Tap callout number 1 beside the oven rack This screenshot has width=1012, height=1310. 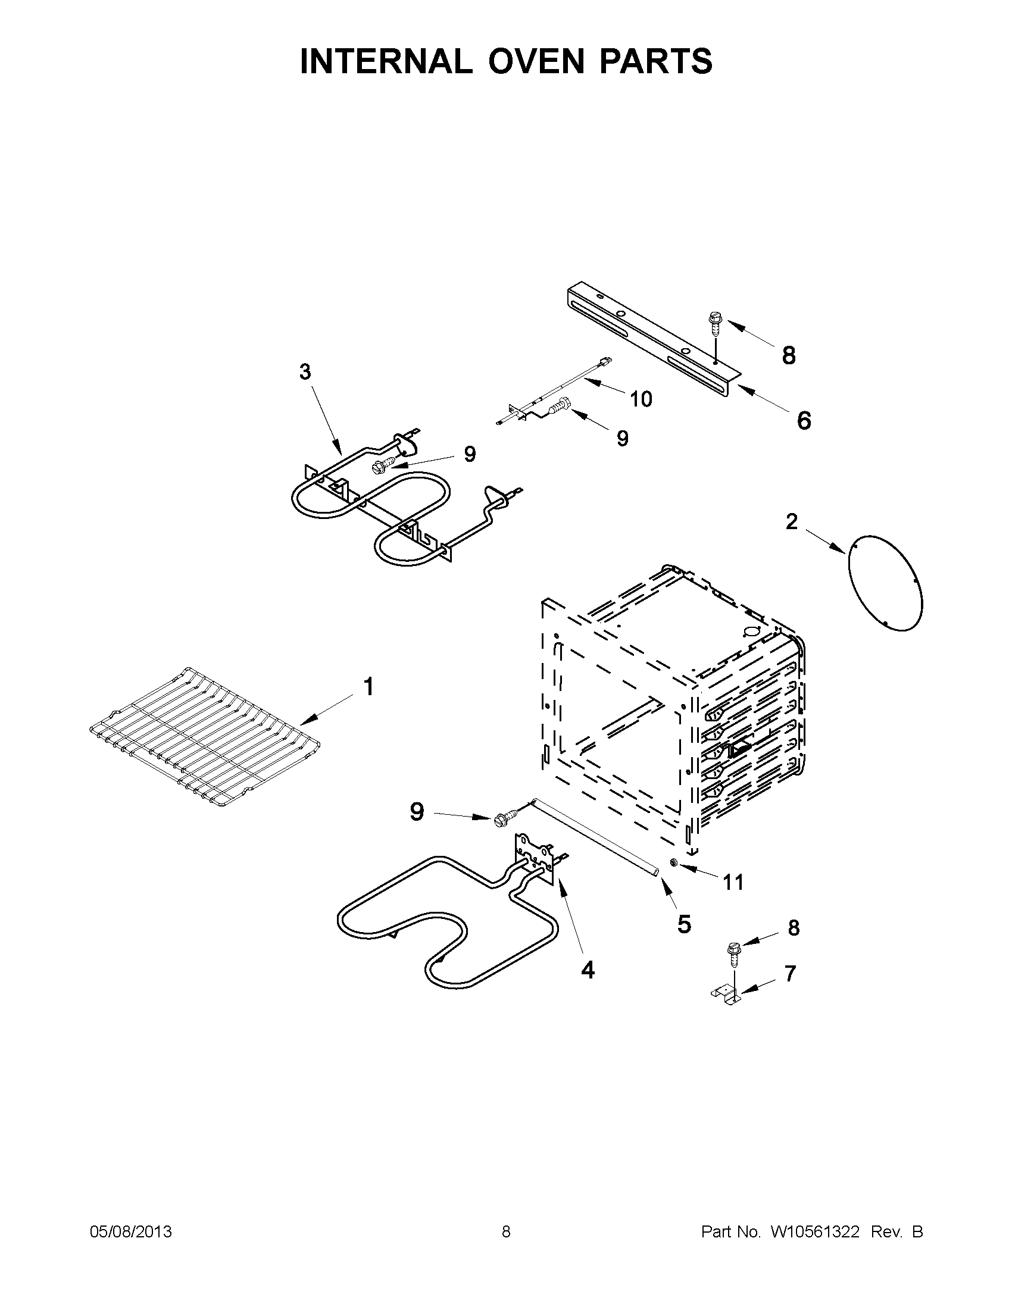368,687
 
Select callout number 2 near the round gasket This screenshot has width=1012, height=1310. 792,522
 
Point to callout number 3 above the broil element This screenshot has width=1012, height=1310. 305,372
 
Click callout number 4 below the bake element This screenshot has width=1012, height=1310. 588,970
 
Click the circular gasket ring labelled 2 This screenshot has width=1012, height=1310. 885,582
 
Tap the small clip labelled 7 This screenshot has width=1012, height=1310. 725,993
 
